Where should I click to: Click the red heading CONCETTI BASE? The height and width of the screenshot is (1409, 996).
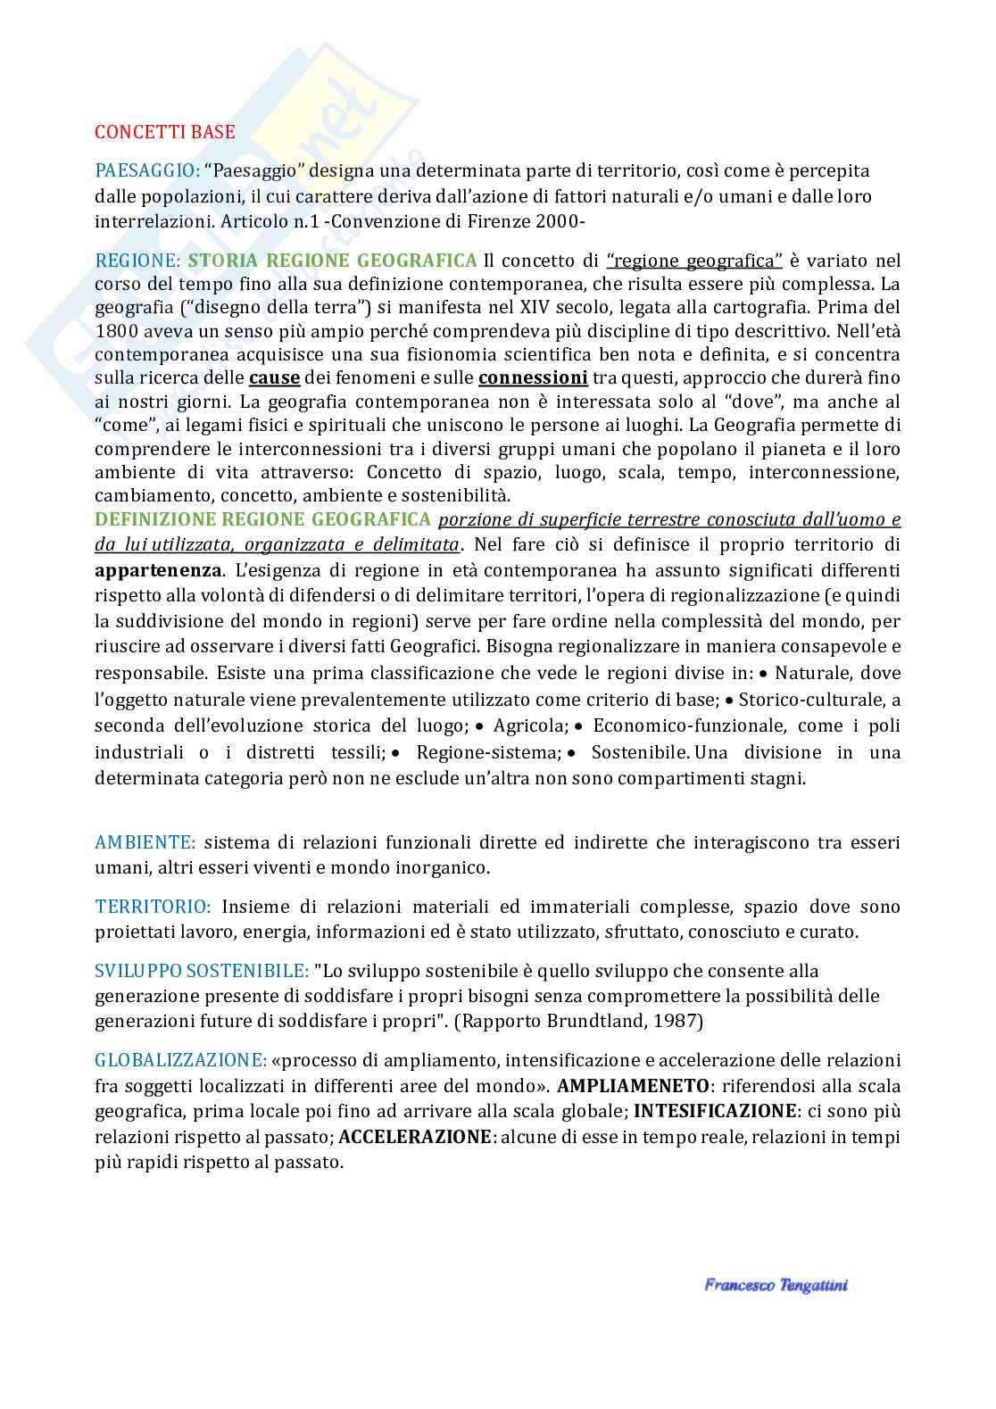165,132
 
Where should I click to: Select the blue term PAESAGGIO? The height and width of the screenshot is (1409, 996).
147,170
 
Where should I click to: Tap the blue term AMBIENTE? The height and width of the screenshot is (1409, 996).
145,841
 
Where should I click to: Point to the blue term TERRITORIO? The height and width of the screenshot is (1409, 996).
153,907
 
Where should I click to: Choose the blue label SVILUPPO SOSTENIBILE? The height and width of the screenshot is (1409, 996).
203,970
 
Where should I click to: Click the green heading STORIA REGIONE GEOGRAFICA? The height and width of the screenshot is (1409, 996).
332,261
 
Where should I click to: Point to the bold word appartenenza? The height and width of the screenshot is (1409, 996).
158,570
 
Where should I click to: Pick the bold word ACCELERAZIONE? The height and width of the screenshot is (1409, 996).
416,1138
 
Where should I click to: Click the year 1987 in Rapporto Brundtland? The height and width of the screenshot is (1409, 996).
677,1021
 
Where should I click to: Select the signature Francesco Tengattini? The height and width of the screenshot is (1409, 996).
775,1286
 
